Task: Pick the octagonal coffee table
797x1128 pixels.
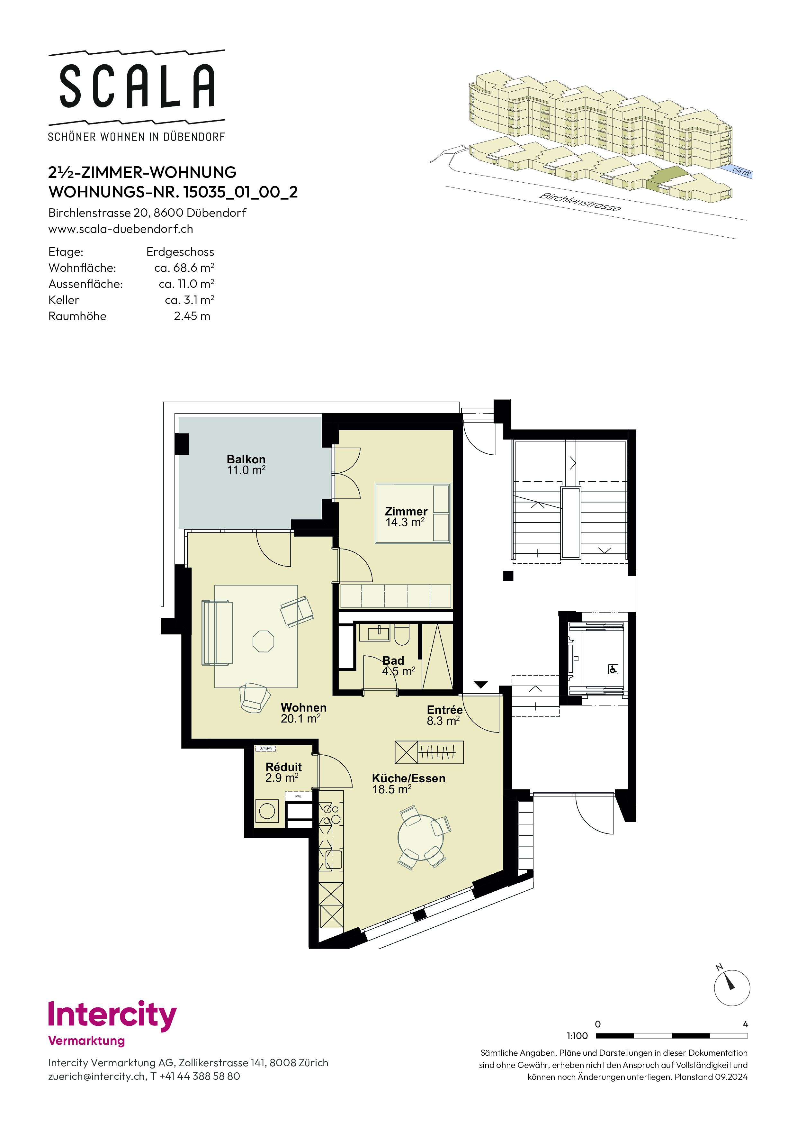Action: (x=263, y=641)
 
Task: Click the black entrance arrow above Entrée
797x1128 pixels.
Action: (x=481, y=684)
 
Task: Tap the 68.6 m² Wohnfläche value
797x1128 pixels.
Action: (x=184, y=268)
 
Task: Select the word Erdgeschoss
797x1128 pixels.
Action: (x=180, y=252)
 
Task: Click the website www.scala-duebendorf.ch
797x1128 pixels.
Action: (x=121, y=229)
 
